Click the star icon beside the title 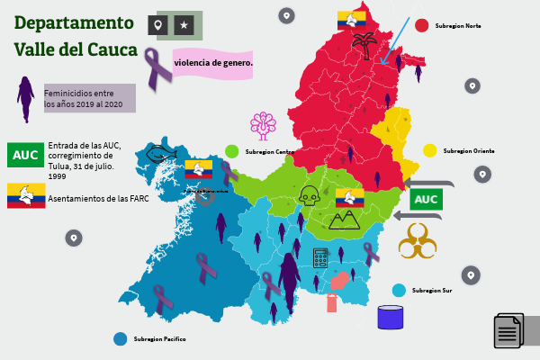point(184,26)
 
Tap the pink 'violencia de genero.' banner point(213,63)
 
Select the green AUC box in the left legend point(25,155)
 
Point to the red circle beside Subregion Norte point(421,25)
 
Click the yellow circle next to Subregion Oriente point(430,150)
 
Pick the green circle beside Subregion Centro point(232,151)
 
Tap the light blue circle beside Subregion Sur point(399,290)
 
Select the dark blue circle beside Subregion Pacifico point(120,338)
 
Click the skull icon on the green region point(309,195)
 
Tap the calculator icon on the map point(320,257)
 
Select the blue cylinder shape point(390,317)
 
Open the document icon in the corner point(508,330)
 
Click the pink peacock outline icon point(264,126)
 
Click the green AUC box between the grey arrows point(425,199)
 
